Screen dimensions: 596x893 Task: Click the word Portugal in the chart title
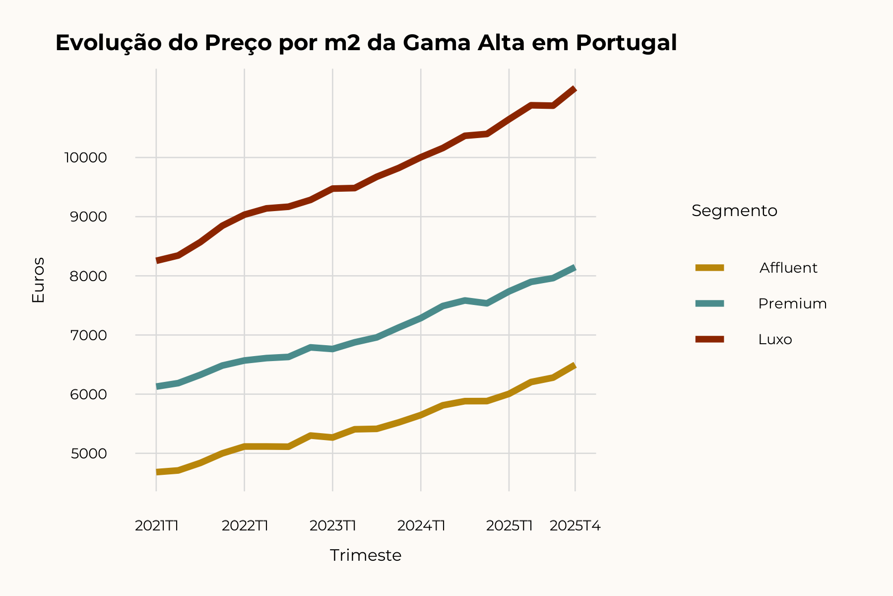[626, 43]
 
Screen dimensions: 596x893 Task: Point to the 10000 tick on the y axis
[85, 158]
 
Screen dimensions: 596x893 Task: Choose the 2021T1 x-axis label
[156, 526]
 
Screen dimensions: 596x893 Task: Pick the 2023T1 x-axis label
[333, 526]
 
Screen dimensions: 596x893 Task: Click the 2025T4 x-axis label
[575, 526]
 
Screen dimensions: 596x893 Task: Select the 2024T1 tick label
[421, 526]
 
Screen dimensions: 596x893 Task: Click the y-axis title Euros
[38, 280]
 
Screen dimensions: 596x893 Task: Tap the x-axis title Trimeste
[366, 555]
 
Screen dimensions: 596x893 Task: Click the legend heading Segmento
[734, 211]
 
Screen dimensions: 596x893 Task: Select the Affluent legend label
[788, 268]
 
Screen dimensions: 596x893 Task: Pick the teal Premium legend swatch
[709, 303]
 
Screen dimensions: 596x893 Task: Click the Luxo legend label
[775, 339]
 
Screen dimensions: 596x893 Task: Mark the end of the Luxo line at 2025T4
[574, 89]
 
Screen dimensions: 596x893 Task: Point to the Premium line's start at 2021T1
[157, 386]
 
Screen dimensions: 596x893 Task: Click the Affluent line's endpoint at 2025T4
[574, 366]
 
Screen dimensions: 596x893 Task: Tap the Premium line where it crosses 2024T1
[421, 318]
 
